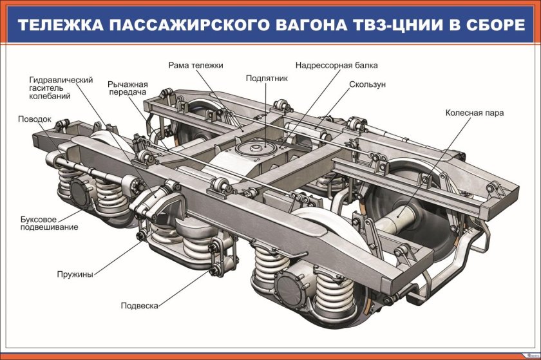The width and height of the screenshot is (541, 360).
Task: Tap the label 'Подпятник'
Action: (x=266, y=78)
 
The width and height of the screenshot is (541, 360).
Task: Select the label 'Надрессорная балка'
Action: (x=336, y=65)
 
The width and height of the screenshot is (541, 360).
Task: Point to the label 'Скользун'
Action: (x=367, y=84)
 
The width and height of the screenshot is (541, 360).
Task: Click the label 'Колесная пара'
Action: (x=474, y=113)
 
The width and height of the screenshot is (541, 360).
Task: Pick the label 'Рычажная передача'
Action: (x=128, y=89)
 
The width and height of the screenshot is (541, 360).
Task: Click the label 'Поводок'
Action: (x=35, y=119)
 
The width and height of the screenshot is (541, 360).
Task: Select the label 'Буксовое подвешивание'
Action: (x=49, y=223)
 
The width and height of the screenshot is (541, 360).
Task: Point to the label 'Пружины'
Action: (x=75, y=274)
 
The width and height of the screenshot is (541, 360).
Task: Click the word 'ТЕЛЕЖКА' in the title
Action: (x=57, y=26)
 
